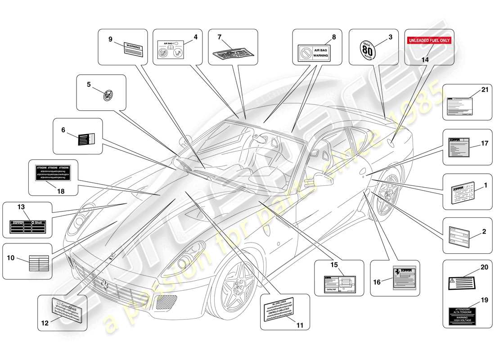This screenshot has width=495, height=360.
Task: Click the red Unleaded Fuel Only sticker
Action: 429,40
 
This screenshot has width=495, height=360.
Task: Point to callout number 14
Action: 425,59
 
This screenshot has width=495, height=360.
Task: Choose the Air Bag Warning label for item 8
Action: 314,53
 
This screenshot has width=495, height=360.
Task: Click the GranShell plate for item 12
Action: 66,310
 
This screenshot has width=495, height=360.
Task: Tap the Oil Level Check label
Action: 282,310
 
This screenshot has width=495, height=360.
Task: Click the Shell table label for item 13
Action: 27,226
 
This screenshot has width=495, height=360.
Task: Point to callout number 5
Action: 89,84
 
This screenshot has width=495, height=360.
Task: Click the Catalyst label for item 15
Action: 340,284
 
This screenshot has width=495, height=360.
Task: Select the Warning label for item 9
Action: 133,49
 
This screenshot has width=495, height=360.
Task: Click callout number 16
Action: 377,282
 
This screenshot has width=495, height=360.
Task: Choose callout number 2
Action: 484,232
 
